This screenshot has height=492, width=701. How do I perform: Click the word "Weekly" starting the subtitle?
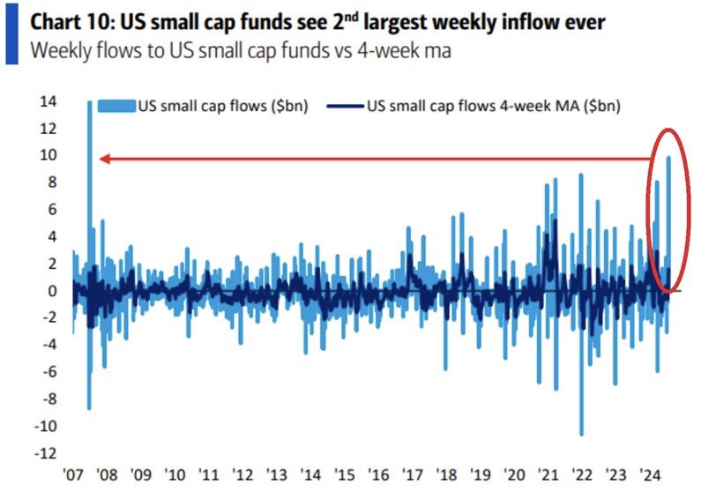pyautogui.click(x=58, y=50)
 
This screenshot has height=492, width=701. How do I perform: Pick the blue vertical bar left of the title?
pyautogui.click(x=11, y=34)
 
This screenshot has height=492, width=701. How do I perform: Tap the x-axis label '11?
pyautogui.click(x=210, y=473)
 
